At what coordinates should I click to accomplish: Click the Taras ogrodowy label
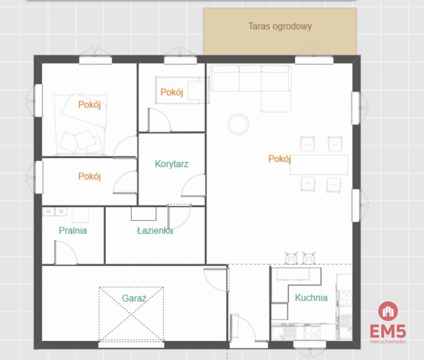click(x=280, y=27)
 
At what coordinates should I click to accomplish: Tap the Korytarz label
click(x=171, y=164)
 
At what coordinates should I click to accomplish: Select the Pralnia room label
click(x=73, y=231)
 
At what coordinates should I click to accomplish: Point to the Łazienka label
click(x=155, y=231)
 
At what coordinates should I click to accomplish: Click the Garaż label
click(x=134, y=298)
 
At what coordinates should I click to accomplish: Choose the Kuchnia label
click(x=311, y=297)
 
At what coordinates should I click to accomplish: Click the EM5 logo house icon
click(x=388, y=311)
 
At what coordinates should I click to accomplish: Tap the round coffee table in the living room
click(x=238, y=124)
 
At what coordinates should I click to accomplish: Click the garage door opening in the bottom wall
click(x=131, y=345)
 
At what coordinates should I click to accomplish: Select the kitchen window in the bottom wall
click(x=310, y=345)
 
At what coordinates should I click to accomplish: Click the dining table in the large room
click(x=319, y=165)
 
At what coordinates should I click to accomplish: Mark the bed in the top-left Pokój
click(x=80, y=124)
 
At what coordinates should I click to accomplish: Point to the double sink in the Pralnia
click(x=55, y=211)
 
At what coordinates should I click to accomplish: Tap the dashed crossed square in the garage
click(x=131, y=314)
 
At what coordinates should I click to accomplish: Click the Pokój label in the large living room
click(x=279, y=159)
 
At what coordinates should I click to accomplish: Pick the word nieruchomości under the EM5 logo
click(x=388, y=342)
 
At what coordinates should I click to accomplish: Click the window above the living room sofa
click(x=314, y=60)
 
